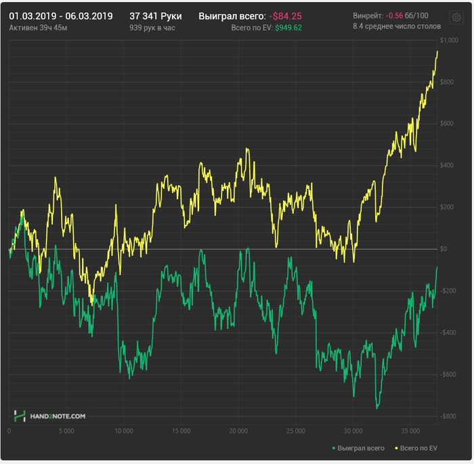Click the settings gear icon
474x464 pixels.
click(456, 17)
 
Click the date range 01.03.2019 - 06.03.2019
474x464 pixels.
click(61, 16)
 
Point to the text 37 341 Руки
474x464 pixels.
click(156, 16)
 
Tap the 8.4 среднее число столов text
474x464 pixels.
click(397, 26)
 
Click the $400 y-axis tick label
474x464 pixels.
click(448, 166)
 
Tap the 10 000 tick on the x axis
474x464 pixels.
click(123, 431)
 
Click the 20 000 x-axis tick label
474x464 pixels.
click(238, 431)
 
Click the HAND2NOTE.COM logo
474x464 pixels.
click(51, 416)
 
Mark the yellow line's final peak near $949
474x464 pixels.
click(437, 51)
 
